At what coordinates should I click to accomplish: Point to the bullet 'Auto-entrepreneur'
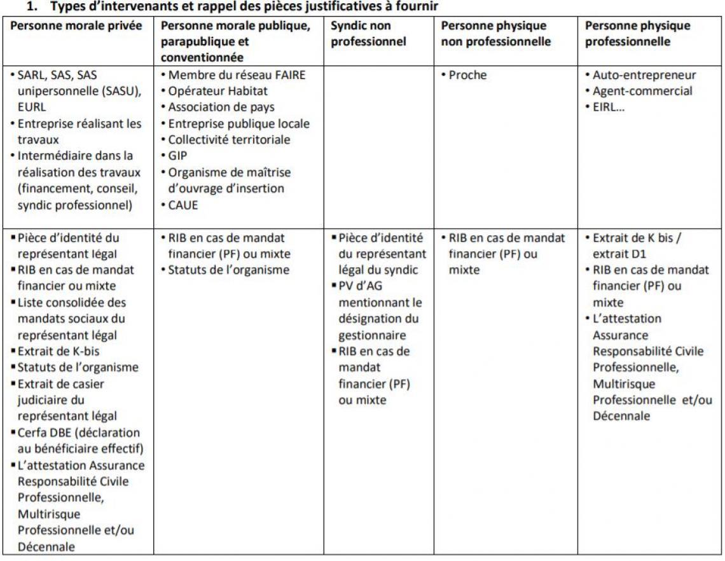pos(644,75)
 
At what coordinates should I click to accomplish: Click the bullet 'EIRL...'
pos(609,107)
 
